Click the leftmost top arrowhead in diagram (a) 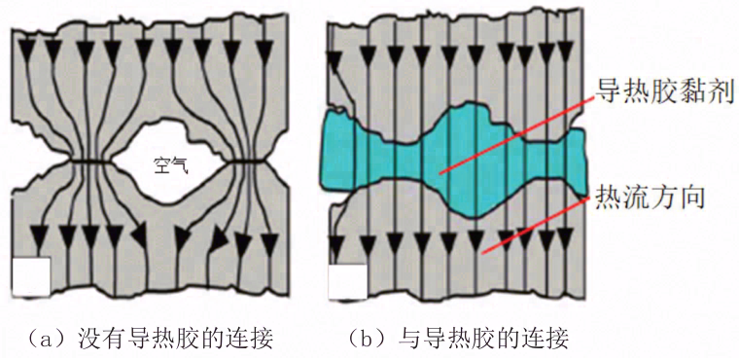pos(30,49)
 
